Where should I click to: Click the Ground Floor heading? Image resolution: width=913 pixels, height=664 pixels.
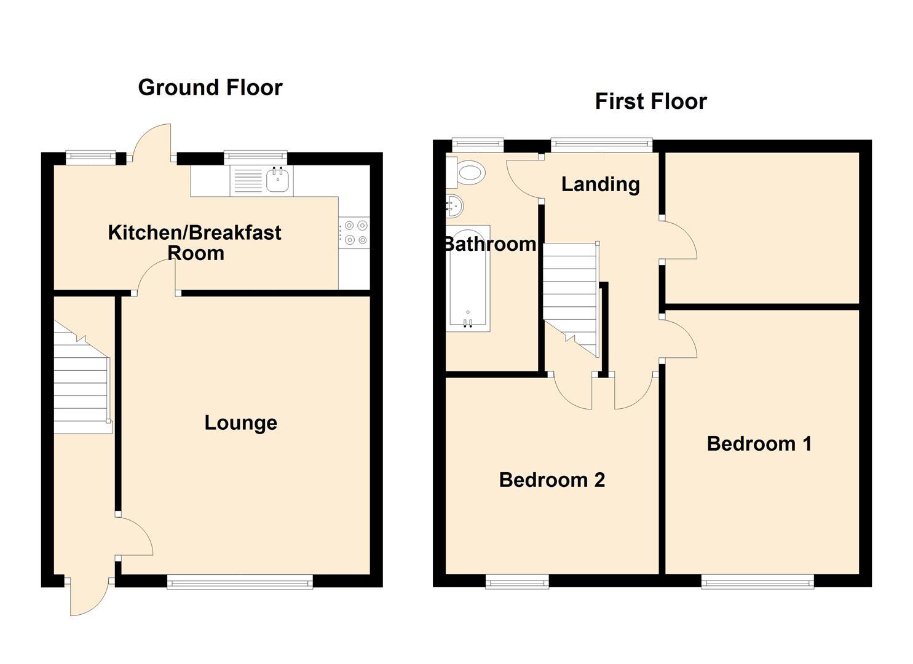[x=210, y=87]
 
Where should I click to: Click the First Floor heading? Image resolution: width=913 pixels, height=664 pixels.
[x=650, y=101]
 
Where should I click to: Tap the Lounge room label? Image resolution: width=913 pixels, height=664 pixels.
[x=240, y=423]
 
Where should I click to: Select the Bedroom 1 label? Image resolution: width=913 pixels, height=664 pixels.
[x=759, y=443]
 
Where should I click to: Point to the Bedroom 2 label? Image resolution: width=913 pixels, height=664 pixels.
[x=551, y=480]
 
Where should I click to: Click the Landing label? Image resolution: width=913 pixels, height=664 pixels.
[x=600, y=184]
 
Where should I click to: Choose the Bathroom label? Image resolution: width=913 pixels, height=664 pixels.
[x=489, y=244]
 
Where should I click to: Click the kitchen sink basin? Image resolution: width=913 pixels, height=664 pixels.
[x=279, y=181]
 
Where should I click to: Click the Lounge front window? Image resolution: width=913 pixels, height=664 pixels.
[x=240, y=581]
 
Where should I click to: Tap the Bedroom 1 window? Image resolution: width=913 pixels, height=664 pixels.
[x=757, y=581]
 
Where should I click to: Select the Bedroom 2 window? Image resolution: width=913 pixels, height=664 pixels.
[x=516, y=581]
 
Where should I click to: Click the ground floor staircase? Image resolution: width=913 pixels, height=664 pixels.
[x=81, y=381]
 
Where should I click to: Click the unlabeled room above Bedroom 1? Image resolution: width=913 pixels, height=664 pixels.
[x=762, y=227]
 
